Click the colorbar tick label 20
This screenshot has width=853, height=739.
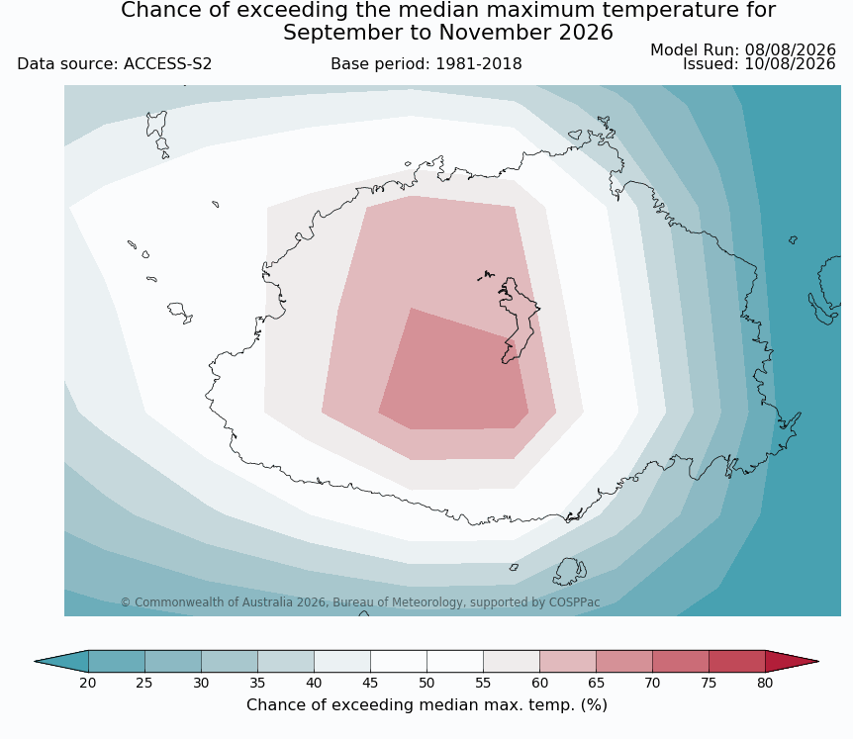88,683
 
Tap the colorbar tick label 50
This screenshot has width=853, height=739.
426,683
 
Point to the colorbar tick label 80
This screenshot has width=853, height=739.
765,683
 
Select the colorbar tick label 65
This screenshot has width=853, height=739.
596,683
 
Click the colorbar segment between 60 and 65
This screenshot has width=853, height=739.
568,661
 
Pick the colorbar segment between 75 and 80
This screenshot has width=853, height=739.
737,661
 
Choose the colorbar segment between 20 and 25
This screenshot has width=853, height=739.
117,661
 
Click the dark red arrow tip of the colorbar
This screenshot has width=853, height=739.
792,661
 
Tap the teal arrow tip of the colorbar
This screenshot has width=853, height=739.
61,661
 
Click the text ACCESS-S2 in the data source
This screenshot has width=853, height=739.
167,64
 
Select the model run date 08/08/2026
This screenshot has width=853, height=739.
790,50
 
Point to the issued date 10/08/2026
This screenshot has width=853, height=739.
790,64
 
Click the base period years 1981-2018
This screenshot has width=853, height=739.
479,64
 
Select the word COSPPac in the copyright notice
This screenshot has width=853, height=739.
575,601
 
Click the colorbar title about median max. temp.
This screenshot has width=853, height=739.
426,704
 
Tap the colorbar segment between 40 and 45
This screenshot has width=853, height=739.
342,661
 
